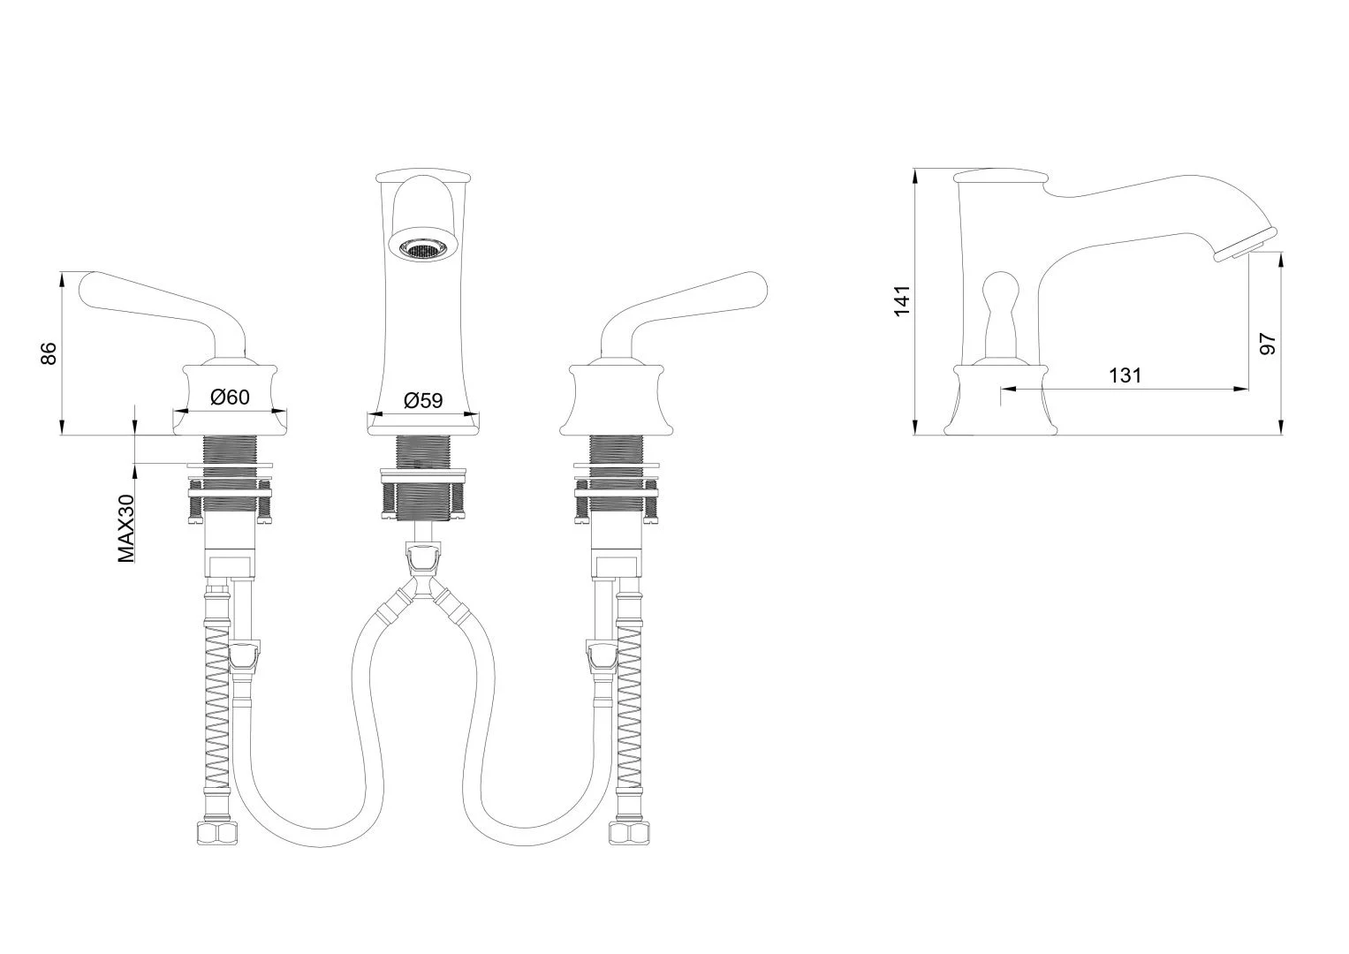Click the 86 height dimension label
point(49,353)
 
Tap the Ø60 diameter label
point(230,397)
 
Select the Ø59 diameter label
point(423,400)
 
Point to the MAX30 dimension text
point(126,528)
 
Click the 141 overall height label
point(901,300)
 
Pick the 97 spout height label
point(1268,344)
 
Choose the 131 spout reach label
point(1125,375)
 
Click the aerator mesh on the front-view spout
point(420,247)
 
